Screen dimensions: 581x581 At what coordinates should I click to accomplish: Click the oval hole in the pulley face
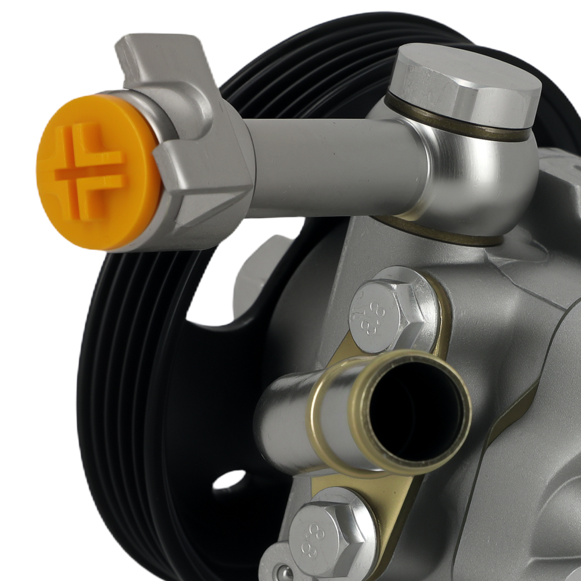coord(229,479)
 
